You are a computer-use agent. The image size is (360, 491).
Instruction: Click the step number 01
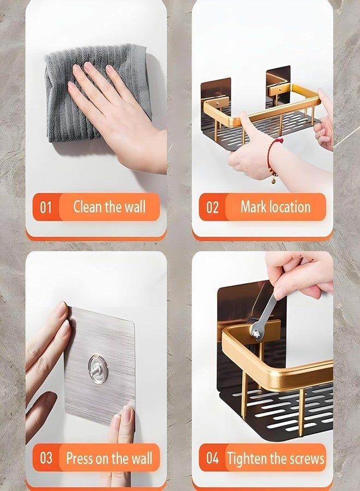[46, 207]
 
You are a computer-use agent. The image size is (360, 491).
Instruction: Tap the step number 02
[212, 207]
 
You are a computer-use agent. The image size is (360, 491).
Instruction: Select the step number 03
[46, 458]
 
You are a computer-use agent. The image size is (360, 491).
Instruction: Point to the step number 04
[212, 458]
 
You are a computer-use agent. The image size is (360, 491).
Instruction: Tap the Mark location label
[275, 207]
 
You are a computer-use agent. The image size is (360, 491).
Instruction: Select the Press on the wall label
[109, 458]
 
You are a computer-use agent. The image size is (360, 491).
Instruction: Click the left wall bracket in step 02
[215, 96]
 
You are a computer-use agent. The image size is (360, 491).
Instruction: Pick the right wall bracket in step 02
[278, 85]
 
